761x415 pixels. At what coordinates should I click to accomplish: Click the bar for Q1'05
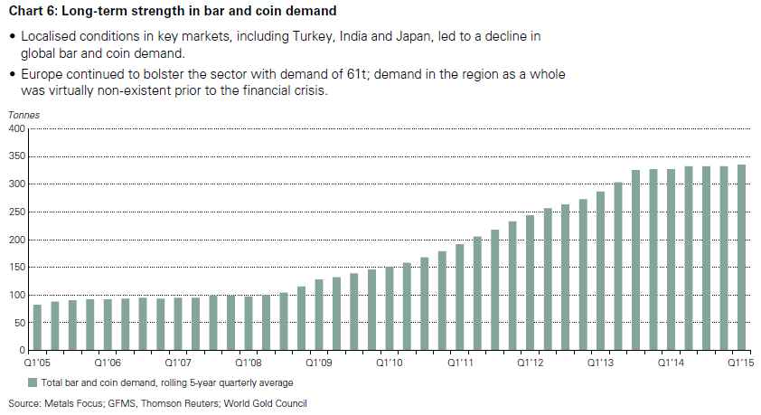click(37, 327)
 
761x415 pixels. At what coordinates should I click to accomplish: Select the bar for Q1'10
click(390, 308)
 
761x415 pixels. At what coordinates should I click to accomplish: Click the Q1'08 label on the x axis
click(249, 362)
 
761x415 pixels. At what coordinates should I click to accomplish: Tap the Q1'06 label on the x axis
click(108, 362)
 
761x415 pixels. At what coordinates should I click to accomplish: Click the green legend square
click(33, 382)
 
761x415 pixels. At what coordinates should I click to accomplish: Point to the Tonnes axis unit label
click(24, 114)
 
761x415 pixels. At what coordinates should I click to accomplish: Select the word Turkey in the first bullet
click(352, 35)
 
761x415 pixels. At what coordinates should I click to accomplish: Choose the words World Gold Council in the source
click(263, 402)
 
